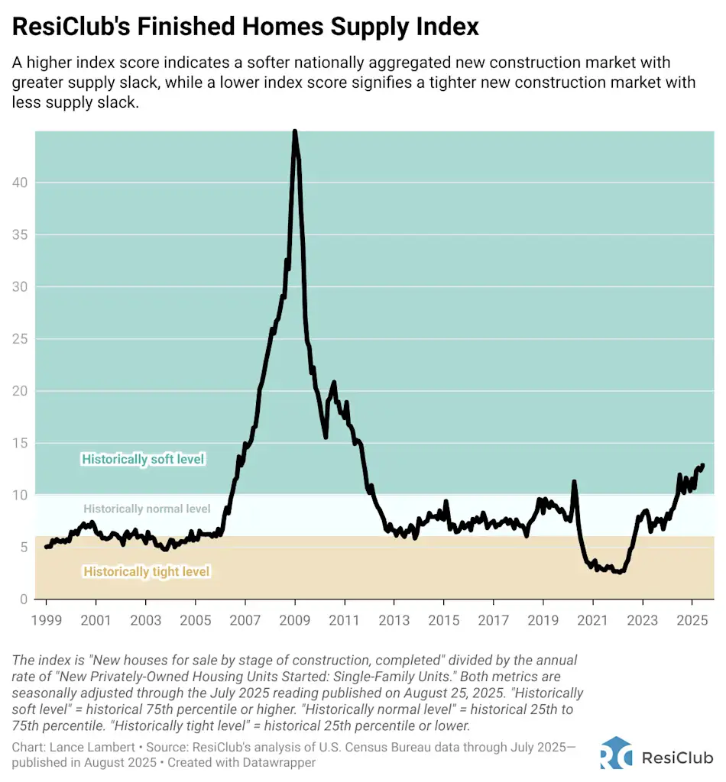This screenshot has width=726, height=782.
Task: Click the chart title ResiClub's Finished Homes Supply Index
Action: point(245,27)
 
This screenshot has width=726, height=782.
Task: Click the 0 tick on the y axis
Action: point(24,599)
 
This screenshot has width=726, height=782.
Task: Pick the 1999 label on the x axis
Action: point(45,620)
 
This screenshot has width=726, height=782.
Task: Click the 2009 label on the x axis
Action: point(294,620)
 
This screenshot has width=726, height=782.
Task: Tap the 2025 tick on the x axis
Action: point(691,620)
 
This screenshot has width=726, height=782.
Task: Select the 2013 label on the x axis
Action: point(394,620)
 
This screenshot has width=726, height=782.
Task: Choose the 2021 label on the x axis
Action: point(592,620)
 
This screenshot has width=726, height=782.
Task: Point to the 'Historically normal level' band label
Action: point(147,509)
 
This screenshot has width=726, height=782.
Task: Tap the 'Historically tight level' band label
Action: point(146,571)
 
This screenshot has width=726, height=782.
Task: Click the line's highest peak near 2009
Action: point(295,132)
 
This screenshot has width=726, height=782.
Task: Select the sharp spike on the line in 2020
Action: point(574,482)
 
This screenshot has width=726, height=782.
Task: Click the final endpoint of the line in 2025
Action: point(702,465)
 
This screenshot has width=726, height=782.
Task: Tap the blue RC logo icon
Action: point(616,752)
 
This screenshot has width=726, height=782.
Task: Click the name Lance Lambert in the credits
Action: point(83,747)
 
